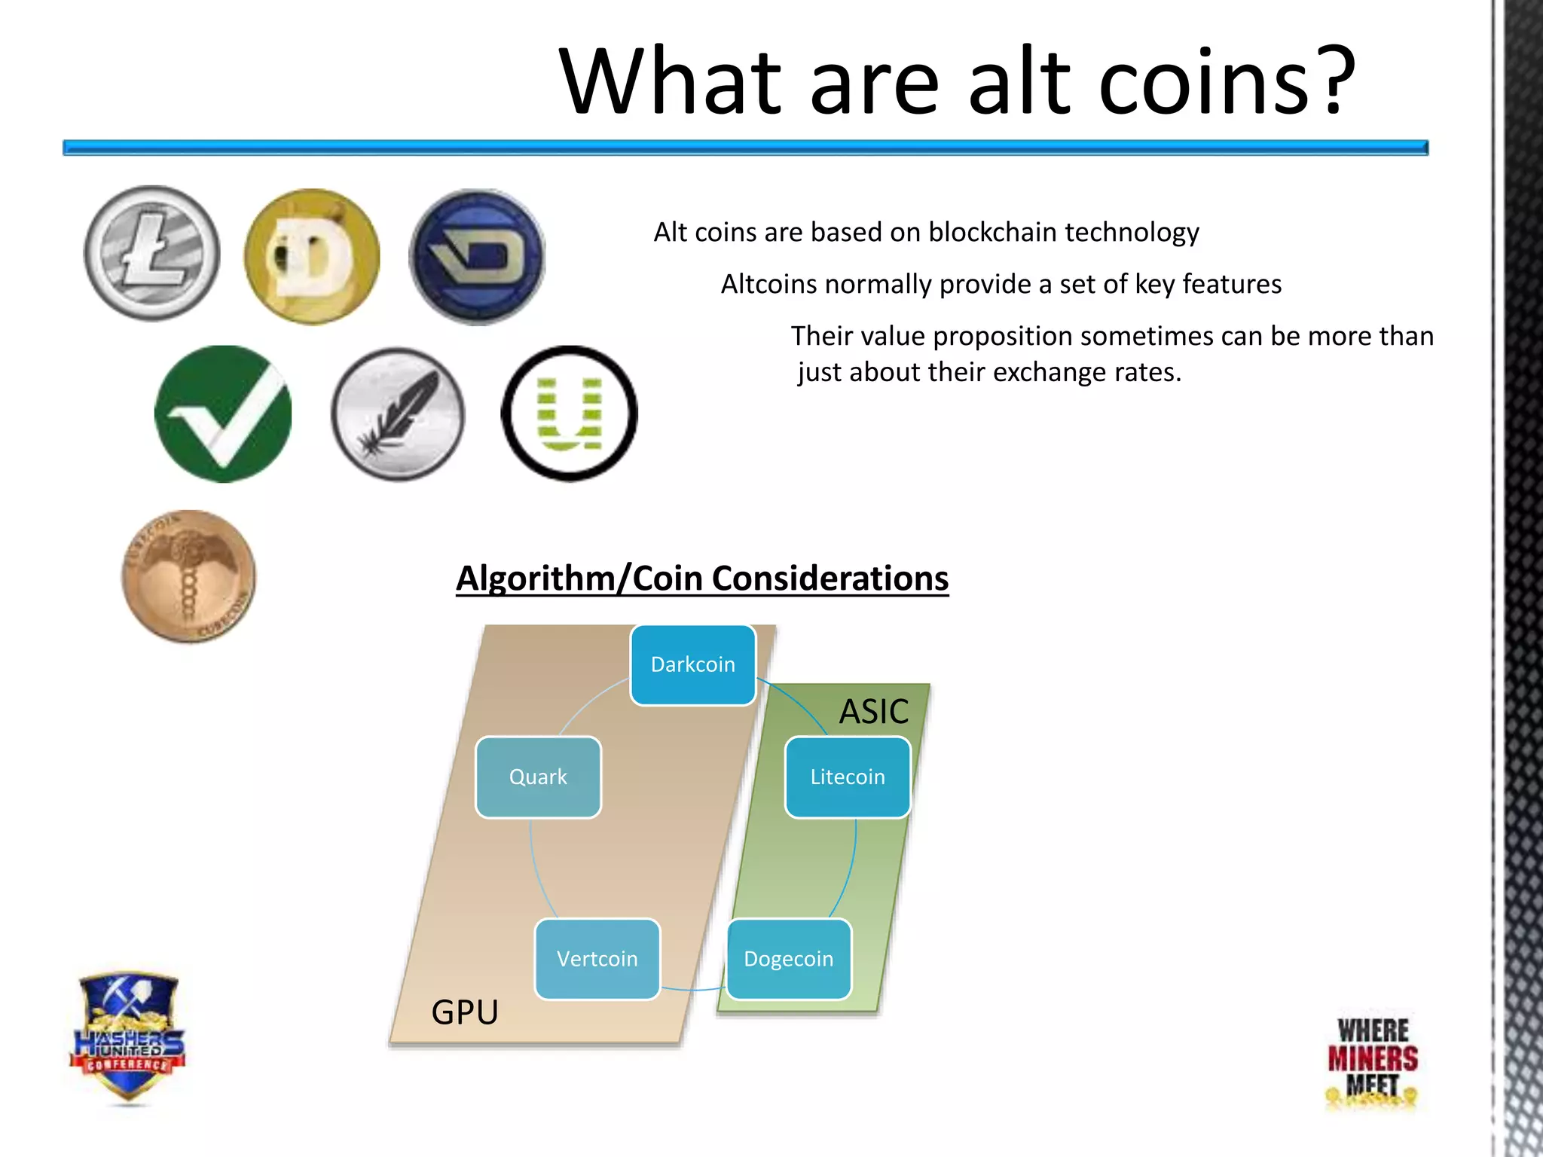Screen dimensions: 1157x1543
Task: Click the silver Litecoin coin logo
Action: (152, 254)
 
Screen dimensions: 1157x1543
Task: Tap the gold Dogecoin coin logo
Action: (312, 257)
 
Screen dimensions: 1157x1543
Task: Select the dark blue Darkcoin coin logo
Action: (477, 257)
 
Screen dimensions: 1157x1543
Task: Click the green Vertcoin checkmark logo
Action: (223, 414)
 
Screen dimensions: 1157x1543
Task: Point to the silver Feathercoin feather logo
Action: (398, 414)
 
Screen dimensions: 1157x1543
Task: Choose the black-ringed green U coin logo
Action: (570, 414)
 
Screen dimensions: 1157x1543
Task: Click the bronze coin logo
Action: (188, 576)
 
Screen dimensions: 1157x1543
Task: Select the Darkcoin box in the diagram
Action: (692, 664)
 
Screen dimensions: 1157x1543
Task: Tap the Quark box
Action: (538, 777)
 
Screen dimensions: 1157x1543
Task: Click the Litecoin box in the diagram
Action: (848, 777)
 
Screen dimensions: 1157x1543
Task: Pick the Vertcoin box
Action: (597, 959)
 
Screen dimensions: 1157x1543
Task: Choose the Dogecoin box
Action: (789, 959)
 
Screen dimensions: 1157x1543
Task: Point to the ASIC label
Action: (874, 711)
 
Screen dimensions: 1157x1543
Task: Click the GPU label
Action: (465, 1012)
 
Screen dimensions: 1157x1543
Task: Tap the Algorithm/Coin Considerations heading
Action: (702, 578)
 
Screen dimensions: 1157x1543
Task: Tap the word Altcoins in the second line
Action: (768, 285)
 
